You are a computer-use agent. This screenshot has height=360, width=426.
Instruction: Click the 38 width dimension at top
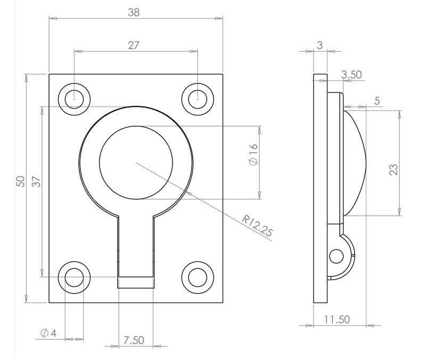[x=134, y=12]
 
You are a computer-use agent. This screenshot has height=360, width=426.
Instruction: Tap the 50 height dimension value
[x=20, y=182]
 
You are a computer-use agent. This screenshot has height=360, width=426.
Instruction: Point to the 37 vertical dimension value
[x=36, y=182]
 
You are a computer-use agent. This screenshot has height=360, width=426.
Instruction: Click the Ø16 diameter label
[x=253, y=154]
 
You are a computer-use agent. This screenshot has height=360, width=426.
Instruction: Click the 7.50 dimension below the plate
[x=134, y=340]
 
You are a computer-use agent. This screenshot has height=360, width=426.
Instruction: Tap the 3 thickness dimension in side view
[x=319, y=46]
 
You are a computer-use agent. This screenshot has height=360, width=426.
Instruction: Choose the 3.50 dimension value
[x=351, y=75]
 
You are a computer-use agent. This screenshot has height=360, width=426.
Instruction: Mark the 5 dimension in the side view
[x=377, y=101]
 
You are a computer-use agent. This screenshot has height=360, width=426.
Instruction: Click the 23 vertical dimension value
[x=394, y=170]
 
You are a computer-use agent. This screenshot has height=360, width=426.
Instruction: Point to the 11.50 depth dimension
[x=337, y=320]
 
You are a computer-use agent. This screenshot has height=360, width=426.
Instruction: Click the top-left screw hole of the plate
[x=74, y=99]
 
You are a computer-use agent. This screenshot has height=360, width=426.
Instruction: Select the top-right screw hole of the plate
[x=198, y=99]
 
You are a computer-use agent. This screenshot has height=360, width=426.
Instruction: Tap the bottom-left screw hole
[x=74, y=277]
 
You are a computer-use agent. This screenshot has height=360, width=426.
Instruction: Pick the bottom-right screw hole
[x=198, y=277]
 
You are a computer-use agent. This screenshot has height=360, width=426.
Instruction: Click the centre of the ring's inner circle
[x=136, y=161]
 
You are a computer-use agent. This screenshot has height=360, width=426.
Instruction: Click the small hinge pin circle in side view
[x=335, y=256]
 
